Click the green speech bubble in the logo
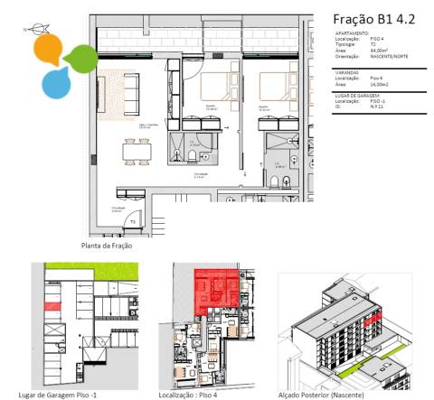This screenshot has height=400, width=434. pyautogui.click(x=80, y=59)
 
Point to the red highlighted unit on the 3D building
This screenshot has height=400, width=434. pyautogui.click(x=373, y=317)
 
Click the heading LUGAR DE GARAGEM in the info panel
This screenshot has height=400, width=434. pyautogui.click(x=358, y=95)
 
